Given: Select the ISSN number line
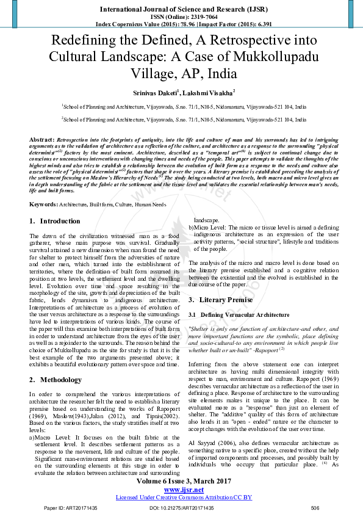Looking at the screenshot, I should pyautogui.click(x=181, y=17).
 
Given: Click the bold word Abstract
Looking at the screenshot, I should pyautogui.click(x=41, y=139).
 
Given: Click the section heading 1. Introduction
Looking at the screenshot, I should pyautogui.click(x=55, y=220).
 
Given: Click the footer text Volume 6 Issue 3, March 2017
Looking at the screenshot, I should pyautogui.click(x=181, y=482).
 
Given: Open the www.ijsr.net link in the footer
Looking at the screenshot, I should pyautogui.click(x=181, y=490).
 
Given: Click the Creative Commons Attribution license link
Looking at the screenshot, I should pyautogui.click(x=181, y=497).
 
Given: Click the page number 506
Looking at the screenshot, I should pyautogui.click(x=315, y=508).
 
